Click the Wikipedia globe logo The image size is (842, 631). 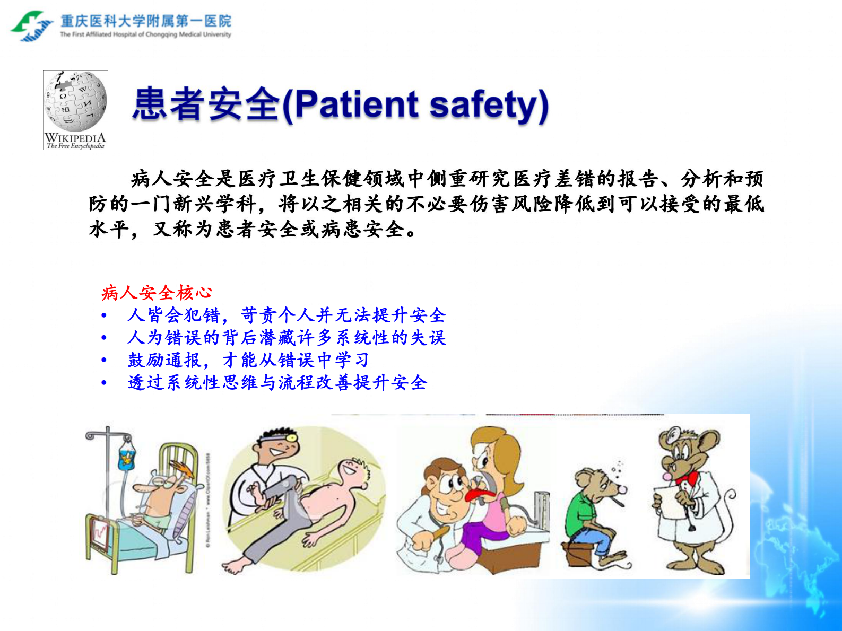76,101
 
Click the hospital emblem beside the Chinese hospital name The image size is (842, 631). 31,26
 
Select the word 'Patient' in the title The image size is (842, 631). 357,104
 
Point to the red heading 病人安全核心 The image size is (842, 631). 157,293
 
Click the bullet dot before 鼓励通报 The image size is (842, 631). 104,361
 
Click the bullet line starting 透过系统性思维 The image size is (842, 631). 277,382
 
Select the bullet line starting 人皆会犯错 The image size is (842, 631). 287,315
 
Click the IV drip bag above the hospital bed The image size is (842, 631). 126,457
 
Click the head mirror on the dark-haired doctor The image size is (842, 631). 291,436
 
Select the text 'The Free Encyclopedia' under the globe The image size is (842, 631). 75,146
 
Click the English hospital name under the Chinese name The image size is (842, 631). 145,35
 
